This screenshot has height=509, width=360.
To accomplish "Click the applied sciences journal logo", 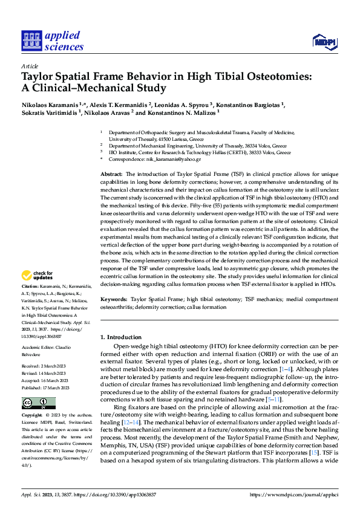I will point(53,41).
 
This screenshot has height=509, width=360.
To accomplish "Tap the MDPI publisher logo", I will point(324,42).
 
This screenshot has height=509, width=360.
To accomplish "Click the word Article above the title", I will point(30,66).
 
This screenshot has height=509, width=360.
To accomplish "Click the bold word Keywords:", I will point(114,299).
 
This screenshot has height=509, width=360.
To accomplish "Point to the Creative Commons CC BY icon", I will point(39,403).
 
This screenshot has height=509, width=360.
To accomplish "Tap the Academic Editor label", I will point(40,349).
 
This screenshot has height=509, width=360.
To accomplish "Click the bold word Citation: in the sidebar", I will point(30,285).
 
